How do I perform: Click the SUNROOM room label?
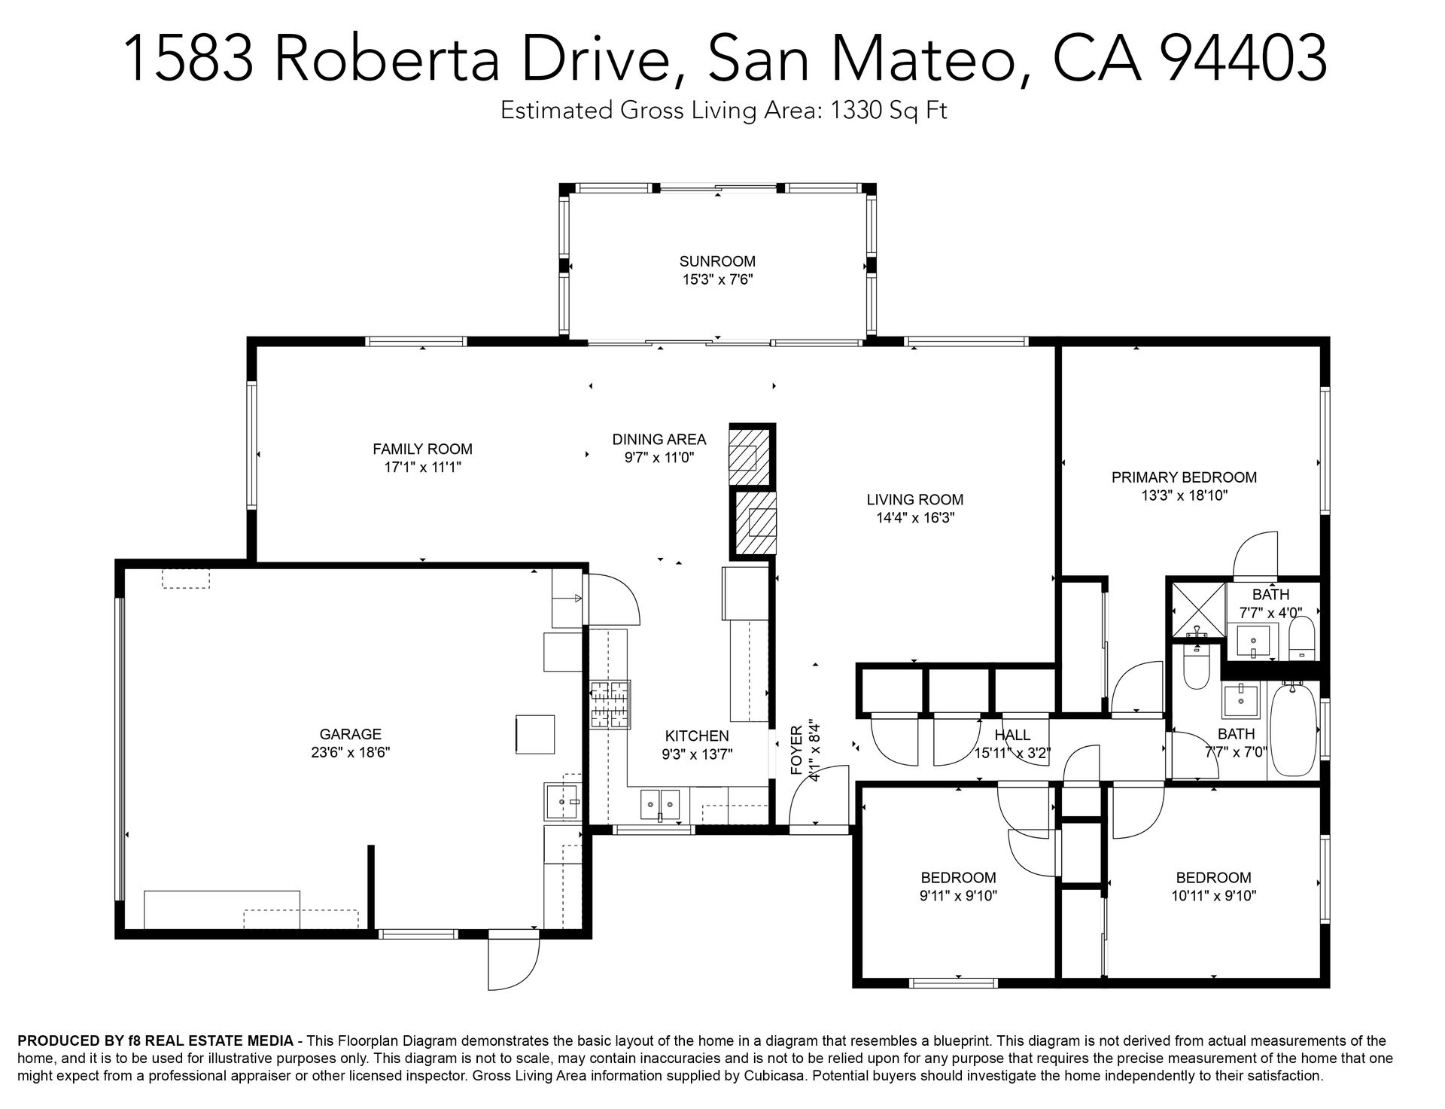(x=717, y=261)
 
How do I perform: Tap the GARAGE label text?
(x=351, y=734)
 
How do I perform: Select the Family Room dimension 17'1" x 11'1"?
(x=423, y=468)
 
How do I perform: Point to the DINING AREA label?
(x=659, y=439)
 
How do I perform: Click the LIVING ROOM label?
(x=915, y=499)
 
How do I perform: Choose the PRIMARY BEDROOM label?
(x=1185, y=477)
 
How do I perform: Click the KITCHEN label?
(x=697, y=736)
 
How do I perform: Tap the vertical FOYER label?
(x=796, y=750)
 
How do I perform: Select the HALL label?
(x=1012, y=735)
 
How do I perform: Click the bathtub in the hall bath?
(x=1292, y=730)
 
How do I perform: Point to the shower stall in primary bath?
(x=1196, y=610)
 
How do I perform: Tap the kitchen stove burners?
(x=610, y=705)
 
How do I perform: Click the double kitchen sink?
(x=660, y=805)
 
